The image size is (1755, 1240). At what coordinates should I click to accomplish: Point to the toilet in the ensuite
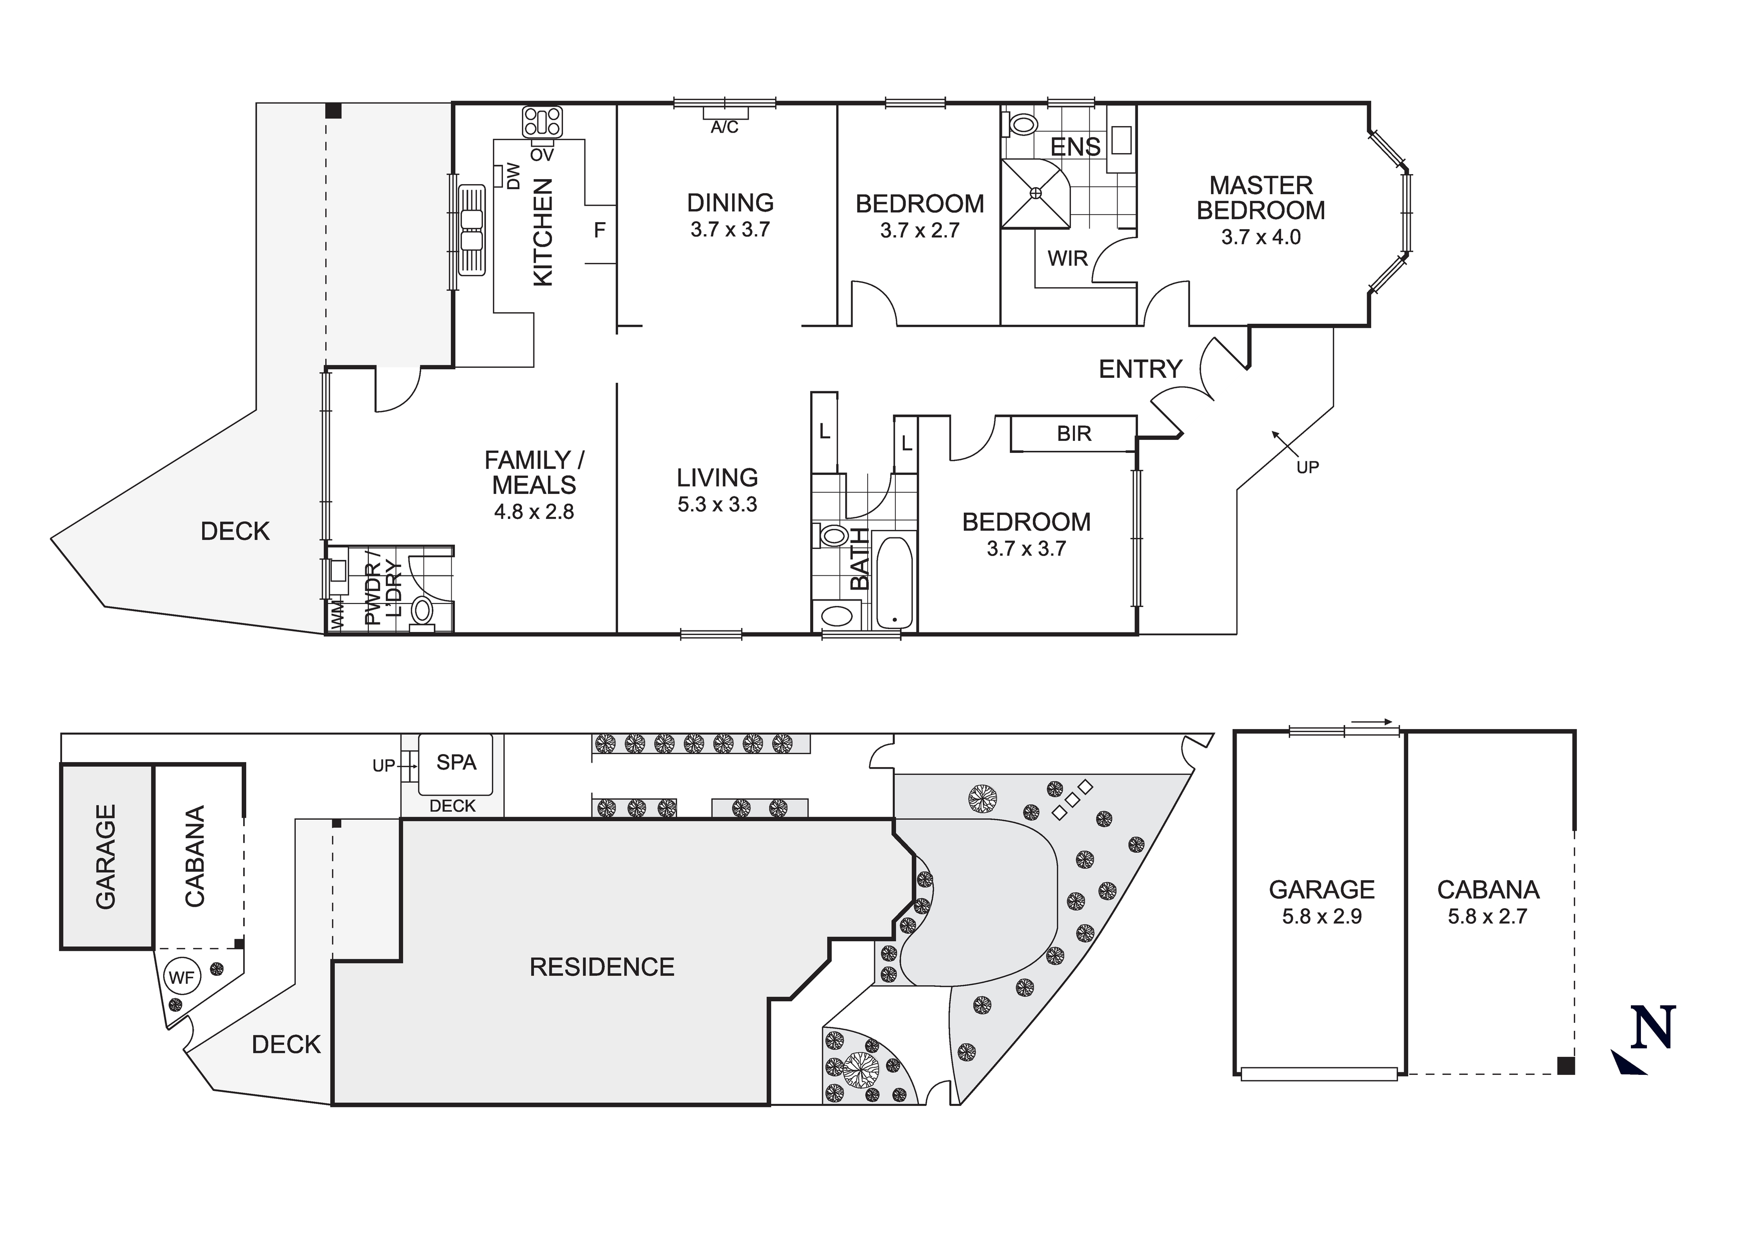(1020, 124)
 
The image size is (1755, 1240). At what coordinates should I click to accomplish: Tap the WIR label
(1067, 258)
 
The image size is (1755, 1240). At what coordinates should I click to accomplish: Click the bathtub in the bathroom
(894, 582)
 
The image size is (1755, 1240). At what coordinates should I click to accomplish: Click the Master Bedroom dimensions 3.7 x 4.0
(1261, 238)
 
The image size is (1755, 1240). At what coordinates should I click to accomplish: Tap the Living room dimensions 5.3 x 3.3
(717, 504)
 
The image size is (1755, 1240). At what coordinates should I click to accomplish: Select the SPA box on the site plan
(455, 763)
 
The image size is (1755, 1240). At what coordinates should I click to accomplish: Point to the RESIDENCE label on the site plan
(602, 967)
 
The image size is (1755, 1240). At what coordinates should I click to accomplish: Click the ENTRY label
(1139, 370)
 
